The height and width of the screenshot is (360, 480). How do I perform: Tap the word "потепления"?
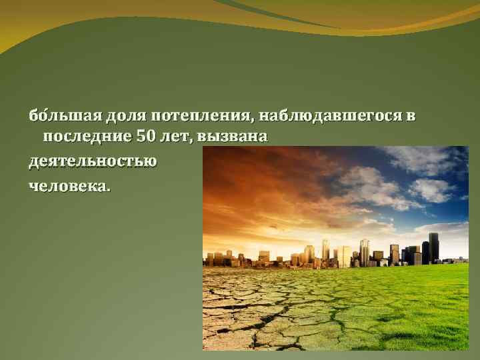tap(201, 117)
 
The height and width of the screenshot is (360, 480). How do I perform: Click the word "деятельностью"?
tap(93, 161)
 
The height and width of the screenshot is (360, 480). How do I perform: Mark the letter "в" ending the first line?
tap(411, 117)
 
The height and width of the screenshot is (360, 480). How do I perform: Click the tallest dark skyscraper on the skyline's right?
tap(434, 247)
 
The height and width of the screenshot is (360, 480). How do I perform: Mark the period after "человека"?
tap(109, 188)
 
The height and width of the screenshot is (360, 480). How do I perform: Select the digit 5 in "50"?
tap(141, 137)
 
